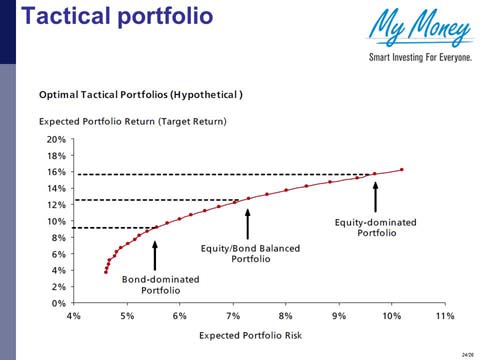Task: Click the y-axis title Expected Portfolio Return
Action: (132, 120)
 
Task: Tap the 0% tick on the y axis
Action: (58, 302)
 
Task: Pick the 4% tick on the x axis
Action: (74, 315)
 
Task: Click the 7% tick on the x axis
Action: (232, 315)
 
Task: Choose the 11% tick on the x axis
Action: (444, 315)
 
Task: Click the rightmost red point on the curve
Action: (402, 170)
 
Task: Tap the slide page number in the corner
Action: (467, 353)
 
